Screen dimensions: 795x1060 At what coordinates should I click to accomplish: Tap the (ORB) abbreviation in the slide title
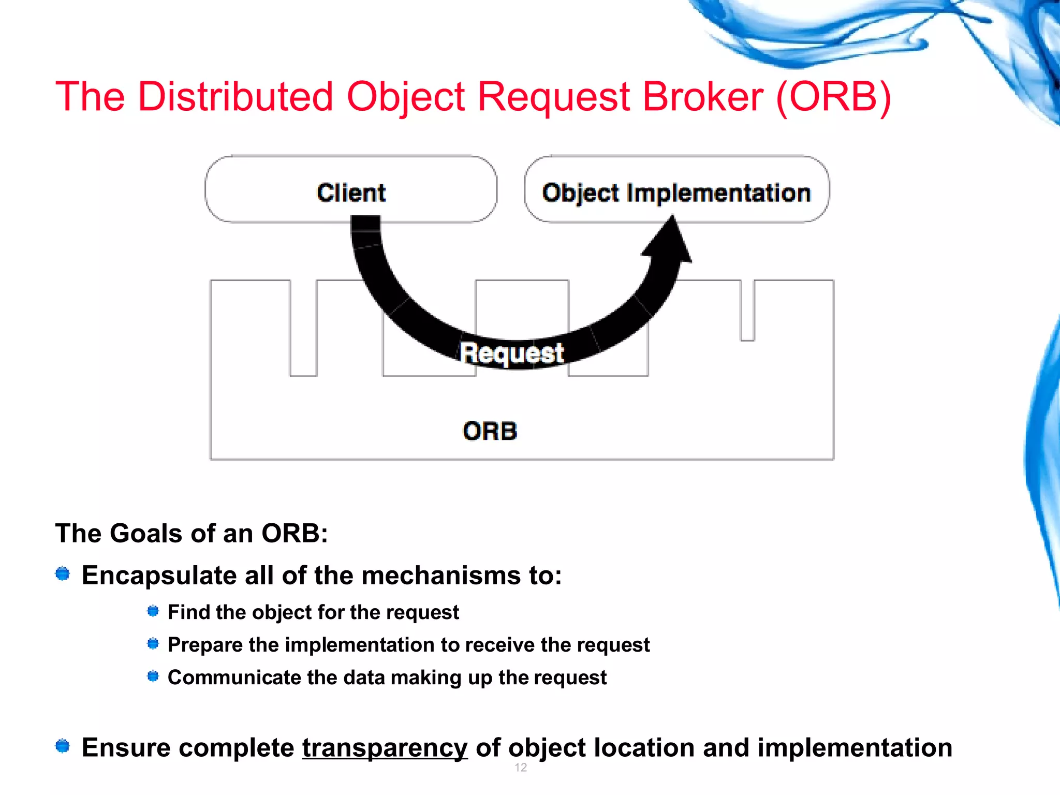pyautogui.click(x=833, y=97)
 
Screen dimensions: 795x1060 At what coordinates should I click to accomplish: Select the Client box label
pyautogui.click(x=351, y=193)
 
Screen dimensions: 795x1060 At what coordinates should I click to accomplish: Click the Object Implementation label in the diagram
pyautogui.click(x=676, y=193)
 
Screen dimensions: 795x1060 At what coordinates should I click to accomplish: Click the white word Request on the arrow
pyautogui.click(x=511, y=353)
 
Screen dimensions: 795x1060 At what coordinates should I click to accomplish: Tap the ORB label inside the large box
pyautogui.click(x=490, y=431)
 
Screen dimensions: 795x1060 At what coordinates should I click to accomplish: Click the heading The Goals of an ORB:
pyautogui.click(x=192, y=533)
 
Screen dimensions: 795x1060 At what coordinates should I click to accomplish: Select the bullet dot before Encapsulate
pyautogui.click(x=63, y=573)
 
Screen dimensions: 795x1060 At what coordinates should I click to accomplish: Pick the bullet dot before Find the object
pyautogui.click(x=153, y=611)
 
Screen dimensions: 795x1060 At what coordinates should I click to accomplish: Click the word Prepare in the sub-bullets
pyautogui.click(x=205, y=645)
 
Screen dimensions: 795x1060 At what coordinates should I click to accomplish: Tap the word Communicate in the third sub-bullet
pyautogui.click(x=234, y=677)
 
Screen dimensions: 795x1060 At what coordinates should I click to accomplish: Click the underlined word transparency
pyautogui.click(x=385, y=748)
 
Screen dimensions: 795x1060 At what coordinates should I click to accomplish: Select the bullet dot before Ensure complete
pyautogui.click(x=63, y=746)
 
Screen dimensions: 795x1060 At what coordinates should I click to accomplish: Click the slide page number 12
pyautogui.click(x=521, y=768)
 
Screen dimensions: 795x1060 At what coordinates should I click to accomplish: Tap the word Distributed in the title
pyautogui.click(x=235, y=97)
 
